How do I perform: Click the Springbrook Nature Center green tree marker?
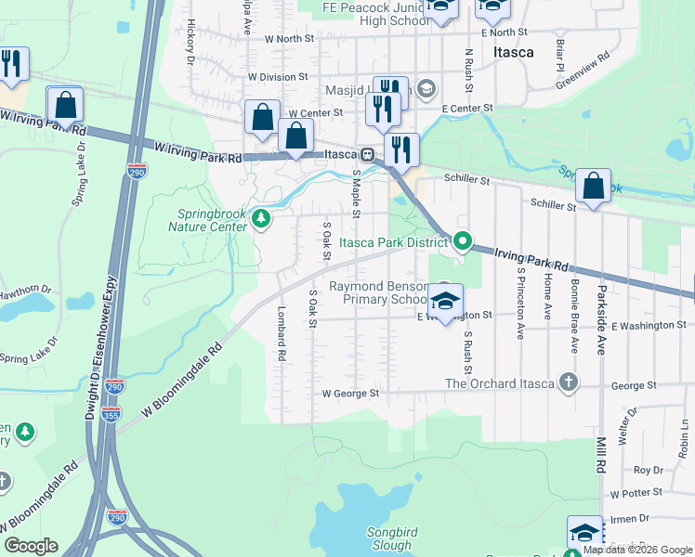[262, 219]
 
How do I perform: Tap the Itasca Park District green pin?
[462, 243]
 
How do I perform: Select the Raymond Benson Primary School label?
[379, 293]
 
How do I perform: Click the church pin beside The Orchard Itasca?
[567, 382]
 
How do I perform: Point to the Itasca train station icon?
[368, 155]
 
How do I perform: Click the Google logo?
[31, 546]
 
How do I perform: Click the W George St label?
[350, 394]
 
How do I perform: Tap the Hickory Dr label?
[190, 41]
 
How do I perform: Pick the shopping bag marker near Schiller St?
[593, 186]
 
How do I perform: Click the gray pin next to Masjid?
[426, 89]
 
